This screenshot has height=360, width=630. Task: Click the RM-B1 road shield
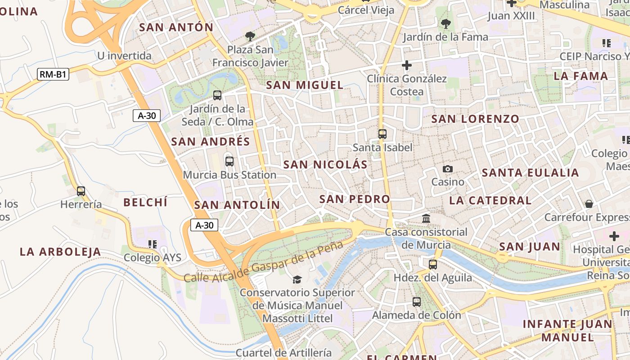(53, 74)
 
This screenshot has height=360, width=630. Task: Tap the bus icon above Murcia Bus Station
(229, 161)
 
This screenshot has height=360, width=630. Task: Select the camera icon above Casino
(447, 169)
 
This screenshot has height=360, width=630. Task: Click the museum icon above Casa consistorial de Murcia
(426, 219)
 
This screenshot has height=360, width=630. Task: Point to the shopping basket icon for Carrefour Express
(589, 204)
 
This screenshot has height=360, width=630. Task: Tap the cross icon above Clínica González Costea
(406, 65)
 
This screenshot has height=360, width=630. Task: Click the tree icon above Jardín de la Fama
(445, 23)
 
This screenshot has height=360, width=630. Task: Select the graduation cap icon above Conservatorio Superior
(297, 279)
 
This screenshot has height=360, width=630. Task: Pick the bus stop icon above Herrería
(81, 191)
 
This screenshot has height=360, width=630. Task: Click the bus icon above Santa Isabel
(382, 134)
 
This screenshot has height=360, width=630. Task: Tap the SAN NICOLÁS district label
(325, 165)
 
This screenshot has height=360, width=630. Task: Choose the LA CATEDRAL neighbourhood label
(490, 200)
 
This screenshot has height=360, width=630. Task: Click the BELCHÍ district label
(145, 202)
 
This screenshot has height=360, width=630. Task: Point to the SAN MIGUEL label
(305, 85)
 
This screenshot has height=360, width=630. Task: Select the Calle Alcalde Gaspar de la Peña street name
(263, 262)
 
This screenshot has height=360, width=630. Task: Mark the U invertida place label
(125, 56)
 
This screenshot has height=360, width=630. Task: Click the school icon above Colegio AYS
(152, 244)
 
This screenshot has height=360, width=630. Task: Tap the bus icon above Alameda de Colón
(417, 301)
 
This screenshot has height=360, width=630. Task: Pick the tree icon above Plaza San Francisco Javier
(250, 36)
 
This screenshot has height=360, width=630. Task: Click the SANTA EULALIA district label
(530, 173)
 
